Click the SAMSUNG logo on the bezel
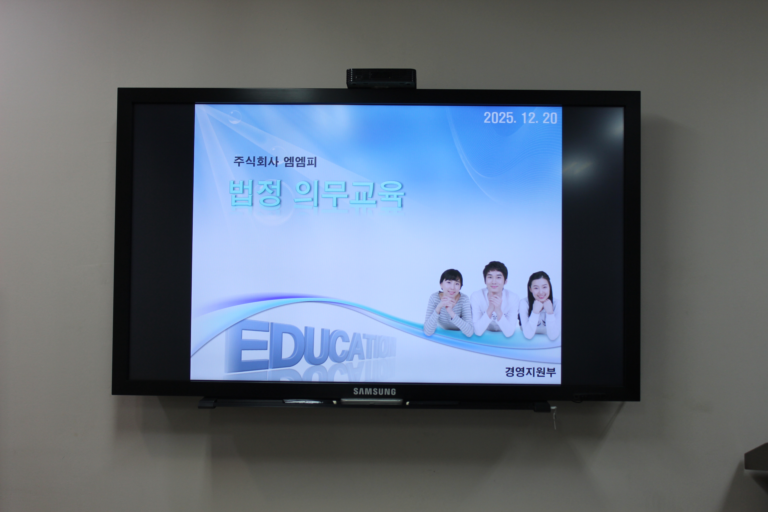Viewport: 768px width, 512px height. tap(374, 392)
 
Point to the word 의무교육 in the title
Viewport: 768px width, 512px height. tap(349, 194)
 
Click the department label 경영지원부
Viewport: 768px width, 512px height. tap(530, 372)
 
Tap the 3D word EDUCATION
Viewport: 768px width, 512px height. tap(310, 347)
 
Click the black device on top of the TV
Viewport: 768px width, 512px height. tap(381, 78)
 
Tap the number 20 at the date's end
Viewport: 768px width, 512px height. tap(550, 118)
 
